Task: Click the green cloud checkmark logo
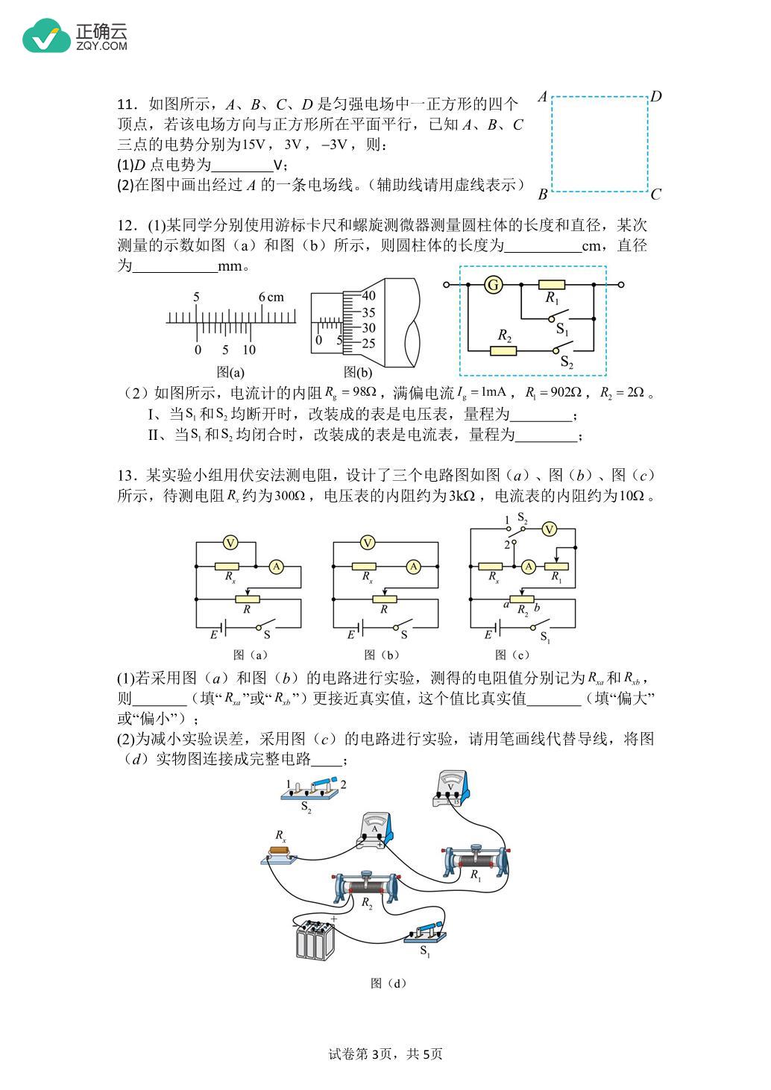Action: (x=47, y=36)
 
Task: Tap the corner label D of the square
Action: (x=656, y=96)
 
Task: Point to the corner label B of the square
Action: (x=543, y=195)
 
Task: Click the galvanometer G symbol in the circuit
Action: (x=493, y=285)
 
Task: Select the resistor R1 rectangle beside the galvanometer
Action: (x=552, y=285)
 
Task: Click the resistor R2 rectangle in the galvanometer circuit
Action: (x=503, y=350)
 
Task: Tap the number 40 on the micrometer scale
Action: (x=368, y=295)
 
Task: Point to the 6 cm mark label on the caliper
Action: (x=271, y=297)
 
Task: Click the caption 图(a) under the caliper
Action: (x=230, y=372)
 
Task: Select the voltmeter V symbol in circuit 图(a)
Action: (x=230, y=543)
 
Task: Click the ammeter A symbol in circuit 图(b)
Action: (x=413, y=567)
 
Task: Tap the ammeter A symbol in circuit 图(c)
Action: (x=529, y=567)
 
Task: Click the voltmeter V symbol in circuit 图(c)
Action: (x=549, y=529)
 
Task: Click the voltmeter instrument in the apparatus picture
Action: (x=451, y=789)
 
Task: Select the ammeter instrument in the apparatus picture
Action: (x=375, y=831)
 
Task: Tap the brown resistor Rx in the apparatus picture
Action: (x=280, y=851)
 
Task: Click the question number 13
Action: (x=125, y=476)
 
